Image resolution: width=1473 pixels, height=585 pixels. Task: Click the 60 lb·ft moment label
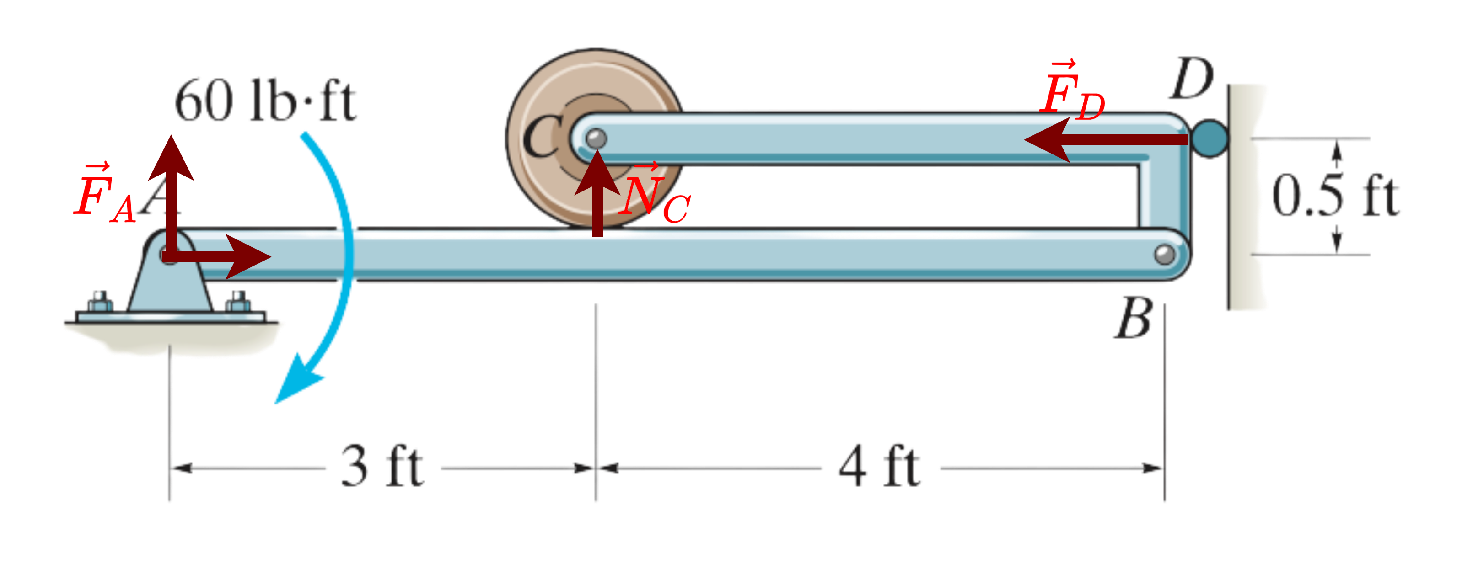265,101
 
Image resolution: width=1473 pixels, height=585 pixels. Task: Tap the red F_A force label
105,192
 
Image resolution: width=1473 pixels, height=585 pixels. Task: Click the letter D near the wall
1192,78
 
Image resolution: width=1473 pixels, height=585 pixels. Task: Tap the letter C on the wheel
541,136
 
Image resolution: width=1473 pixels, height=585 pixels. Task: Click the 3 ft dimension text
382,467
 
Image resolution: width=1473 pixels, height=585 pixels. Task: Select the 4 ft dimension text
879,467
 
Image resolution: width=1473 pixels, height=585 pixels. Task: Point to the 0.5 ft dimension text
1336,196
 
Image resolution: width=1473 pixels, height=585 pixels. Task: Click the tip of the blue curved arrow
275,403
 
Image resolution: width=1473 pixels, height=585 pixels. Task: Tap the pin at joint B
1165,254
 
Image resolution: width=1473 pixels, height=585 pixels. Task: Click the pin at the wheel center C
597,138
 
